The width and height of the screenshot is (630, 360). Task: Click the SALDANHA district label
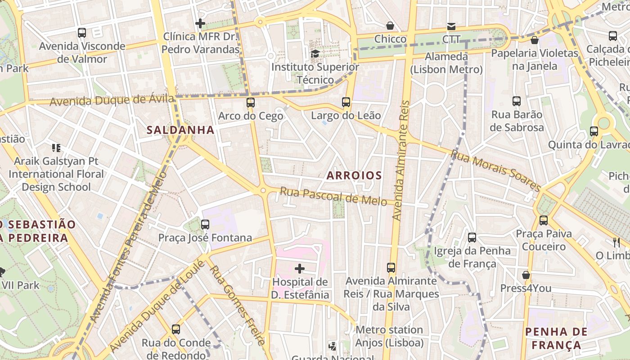(x=180, y=130)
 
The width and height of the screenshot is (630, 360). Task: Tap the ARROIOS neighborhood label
(x=354, y=175)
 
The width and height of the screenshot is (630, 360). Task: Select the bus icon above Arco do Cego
(x=251, y=103)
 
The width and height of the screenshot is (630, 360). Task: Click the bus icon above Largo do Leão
(x=346, y=102)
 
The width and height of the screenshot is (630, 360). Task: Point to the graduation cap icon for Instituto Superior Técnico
(x=315, y=54)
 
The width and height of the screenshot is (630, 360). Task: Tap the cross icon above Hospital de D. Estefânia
(x=300, y=269)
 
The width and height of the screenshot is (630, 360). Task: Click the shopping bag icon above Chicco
(x=390, y=26)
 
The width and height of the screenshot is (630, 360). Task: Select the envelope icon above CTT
(x=451, y=27)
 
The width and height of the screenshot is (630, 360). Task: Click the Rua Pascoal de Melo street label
(x=333, y=196)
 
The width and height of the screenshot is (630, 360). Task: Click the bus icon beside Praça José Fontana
(x=205, y=224)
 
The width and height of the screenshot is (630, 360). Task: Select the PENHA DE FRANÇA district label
(x=556, y=338)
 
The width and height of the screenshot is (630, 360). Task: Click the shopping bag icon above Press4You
(x=526, y=275)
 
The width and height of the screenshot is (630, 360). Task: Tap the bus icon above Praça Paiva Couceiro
(x=544, y=220)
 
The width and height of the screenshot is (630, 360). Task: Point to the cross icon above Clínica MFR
(x=200, y=23)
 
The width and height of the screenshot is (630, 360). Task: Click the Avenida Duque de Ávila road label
(x=112, y=100)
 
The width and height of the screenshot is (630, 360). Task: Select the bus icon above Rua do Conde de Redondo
(x=176, y=329)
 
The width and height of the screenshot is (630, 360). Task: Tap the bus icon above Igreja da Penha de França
(x=472, y=237)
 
